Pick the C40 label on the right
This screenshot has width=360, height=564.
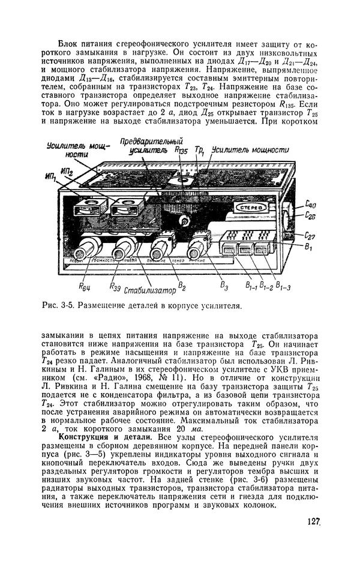[x=311, y=203]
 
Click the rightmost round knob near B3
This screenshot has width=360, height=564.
[x=197, y=245]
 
